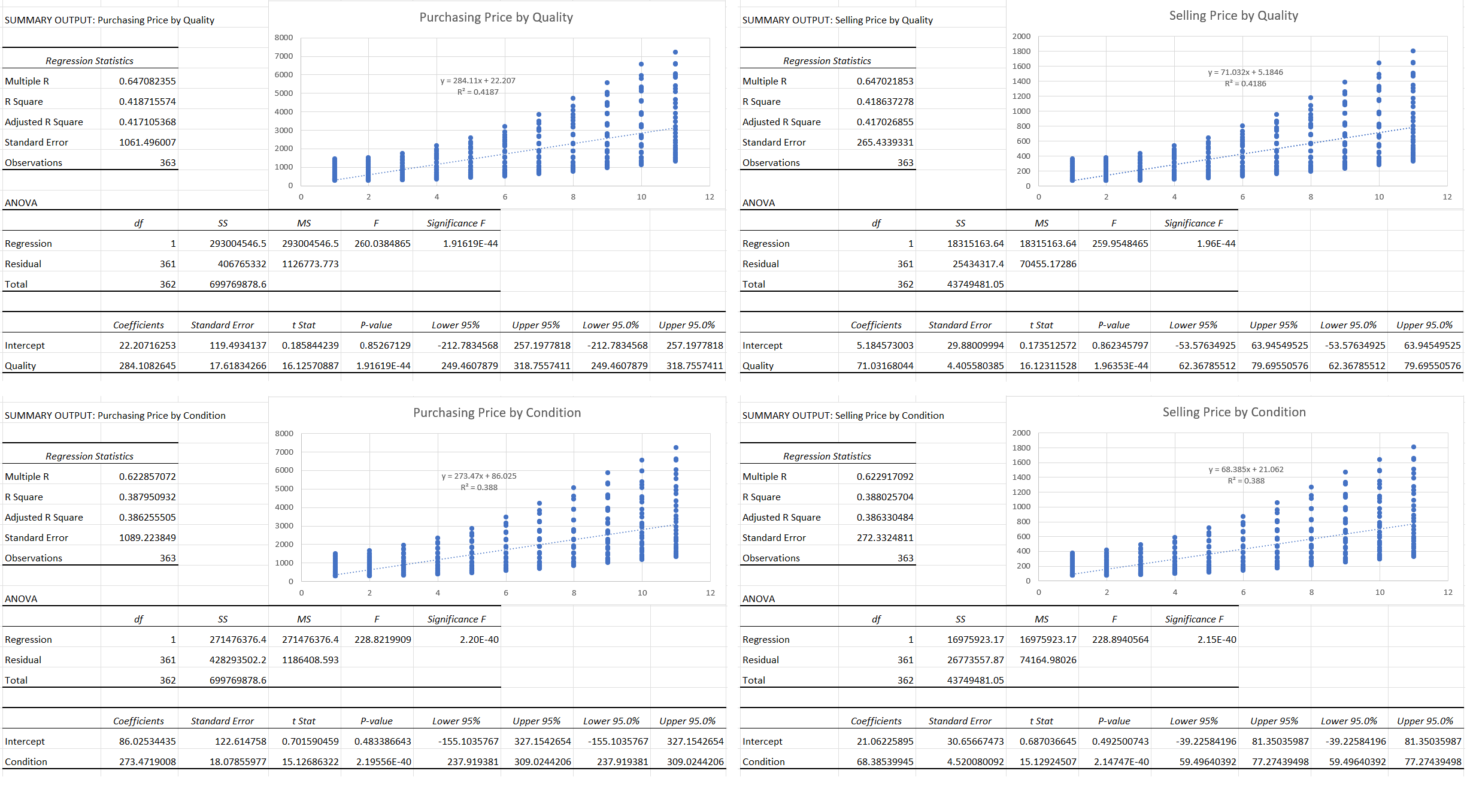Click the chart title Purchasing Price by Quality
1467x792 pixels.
click(x=496, y=17)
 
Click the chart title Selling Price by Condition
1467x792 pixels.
click(x=1233, y=412)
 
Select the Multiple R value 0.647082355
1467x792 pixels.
click(x=147, y=81)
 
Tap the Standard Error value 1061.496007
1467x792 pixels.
click(x=147, y=143)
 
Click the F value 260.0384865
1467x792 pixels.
click(x=382, y=244)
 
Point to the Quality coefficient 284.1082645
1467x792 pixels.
click(x=147, y=366)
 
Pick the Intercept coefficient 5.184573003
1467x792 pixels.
click(x=884, y=346)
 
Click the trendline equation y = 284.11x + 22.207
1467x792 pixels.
click(x=477, y=81)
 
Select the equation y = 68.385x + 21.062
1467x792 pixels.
click(x=1245, y=470)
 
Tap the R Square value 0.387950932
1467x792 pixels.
click(x=147, y=497)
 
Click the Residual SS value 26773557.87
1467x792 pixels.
click(x=975, y=660)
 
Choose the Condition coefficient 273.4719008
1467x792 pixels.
click(x=147, y=762)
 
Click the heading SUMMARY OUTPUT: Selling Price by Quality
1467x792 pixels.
click(x=837, y=20)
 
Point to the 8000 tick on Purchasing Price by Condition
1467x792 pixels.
click(x=284, y=434)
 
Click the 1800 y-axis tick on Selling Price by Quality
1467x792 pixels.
click(x=1021, y=52)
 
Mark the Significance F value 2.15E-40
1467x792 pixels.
click(x=1216, y=640)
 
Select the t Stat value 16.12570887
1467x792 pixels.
click(x=310, y=366)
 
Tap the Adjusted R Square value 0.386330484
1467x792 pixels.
click(x=884, y=518)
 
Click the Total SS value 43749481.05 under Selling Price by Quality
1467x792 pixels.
click(x=975, y=285)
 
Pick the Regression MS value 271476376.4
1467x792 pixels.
click(x=310, y=640)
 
